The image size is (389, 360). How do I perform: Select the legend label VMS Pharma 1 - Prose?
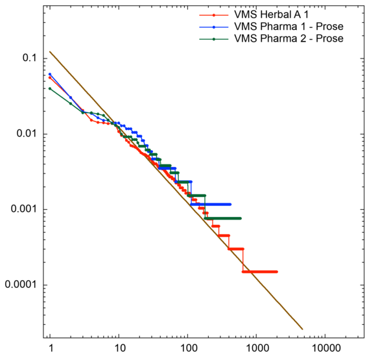[x=288, y=27]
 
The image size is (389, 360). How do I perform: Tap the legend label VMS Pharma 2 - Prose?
[x=289, y=38]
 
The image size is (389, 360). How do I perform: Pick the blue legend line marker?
[x=214, y=27]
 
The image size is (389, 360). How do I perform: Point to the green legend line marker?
[x=214, y=38]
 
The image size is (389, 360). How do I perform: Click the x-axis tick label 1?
[x=50, y=349]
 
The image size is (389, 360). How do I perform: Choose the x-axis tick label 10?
[x=118, y=349]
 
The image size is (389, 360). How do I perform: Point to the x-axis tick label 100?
[x=187, y=349]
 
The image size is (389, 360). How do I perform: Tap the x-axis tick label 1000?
[x=257, y=349]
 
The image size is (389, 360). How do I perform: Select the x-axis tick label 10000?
[x=325, y=349]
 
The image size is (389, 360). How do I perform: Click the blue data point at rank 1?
[x=50, y=74]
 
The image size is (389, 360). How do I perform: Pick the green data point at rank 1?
[x=50, y=88]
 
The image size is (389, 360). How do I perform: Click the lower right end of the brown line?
[x=303, y=329]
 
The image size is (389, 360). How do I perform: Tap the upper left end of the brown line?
[x=50, y=52]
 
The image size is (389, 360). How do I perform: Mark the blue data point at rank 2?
[x=71, y=97]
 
